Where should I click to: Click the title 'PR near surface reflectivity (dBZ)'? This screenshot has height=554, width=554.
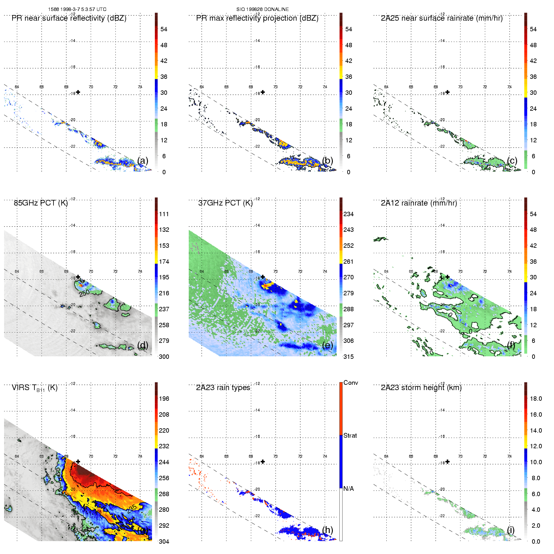point(69,18)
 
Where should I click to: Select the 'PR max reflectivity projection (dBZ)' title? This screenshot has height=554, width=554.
point(257,18)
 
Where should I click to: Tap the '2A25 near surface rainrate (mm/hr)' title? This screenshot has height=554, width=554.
point(442,18)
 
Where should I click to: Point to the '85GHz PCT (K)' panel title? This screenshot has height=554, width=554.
point(41,203)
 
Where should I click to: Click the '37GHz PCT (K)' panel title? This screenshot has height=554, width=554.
point(225,203)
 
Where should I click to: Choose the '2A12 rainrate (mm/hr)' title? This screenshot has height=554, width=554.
point(419,203)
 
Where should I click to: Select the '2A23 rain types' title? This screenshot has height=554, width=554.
point(223,388)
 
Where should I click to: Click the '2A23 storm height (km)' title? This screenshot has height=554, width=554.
point(421,388)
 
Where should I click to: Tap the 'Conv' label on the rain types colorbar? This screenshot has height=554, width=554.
point(351,383)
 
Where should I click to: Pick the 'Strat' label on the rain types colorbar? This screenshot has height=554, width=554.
point(350,435)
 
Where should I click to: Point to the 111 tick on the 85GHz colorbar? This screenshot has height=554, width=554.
point(164,214)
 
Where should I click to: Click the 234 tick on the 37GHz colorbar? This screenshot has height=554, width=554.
point(348,214)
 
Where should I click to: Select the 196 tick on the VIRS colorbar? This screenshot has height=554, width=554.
point(164,399)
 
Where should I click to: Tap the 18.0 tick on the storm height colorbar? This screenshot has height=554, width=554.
point(536,399)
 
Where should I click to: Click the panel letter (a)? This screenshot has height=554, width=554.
point(143,160)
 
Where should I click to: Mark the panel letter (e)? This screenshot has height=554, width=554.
point(328,345)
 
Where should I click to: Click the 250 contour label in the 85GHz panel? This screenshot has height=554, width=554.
point(84,293)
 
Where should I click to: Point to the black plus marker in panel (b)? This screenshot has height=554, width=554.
point(263,92)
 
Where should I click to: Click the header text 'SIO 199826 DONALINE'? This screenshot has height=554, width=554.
point(262,9)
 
